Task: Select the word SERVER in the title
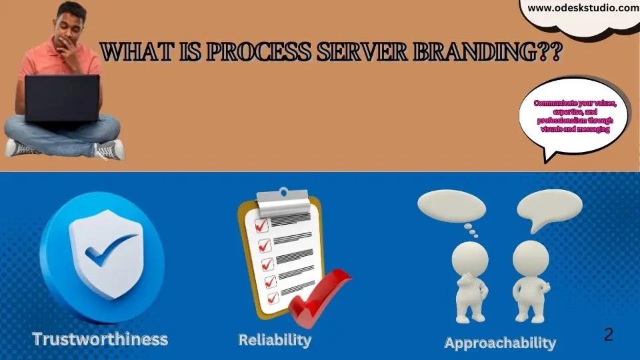pyautogui.click(x=361, y=52)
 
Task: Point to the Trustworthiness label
pyautogui.click(x=100, y=339)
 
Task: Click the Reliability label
pyautogui.click(x=275, y=340)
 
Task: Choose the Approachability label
pyautogui.click(x=500, y=343)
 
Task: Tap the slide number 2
pyautogui.click(x=609, y=335)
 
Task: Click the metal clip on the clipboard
pyautogui.click(x=283, y=202)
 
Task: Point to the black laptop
pyautogui.click(x=62, y=99)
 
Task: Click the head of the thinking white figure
pyautogui.click(x=470, y=259)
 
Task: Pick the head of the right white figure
pyautogui.click(x=531, y=259)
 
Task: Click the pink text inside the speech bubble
pyautogui.click(x=575, y=116)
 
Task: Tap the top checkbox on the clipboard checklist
pyautogui.click(x=261, y=225)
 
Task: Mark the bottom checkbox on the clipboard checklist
pyautogui.click(x=273, y=298)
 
